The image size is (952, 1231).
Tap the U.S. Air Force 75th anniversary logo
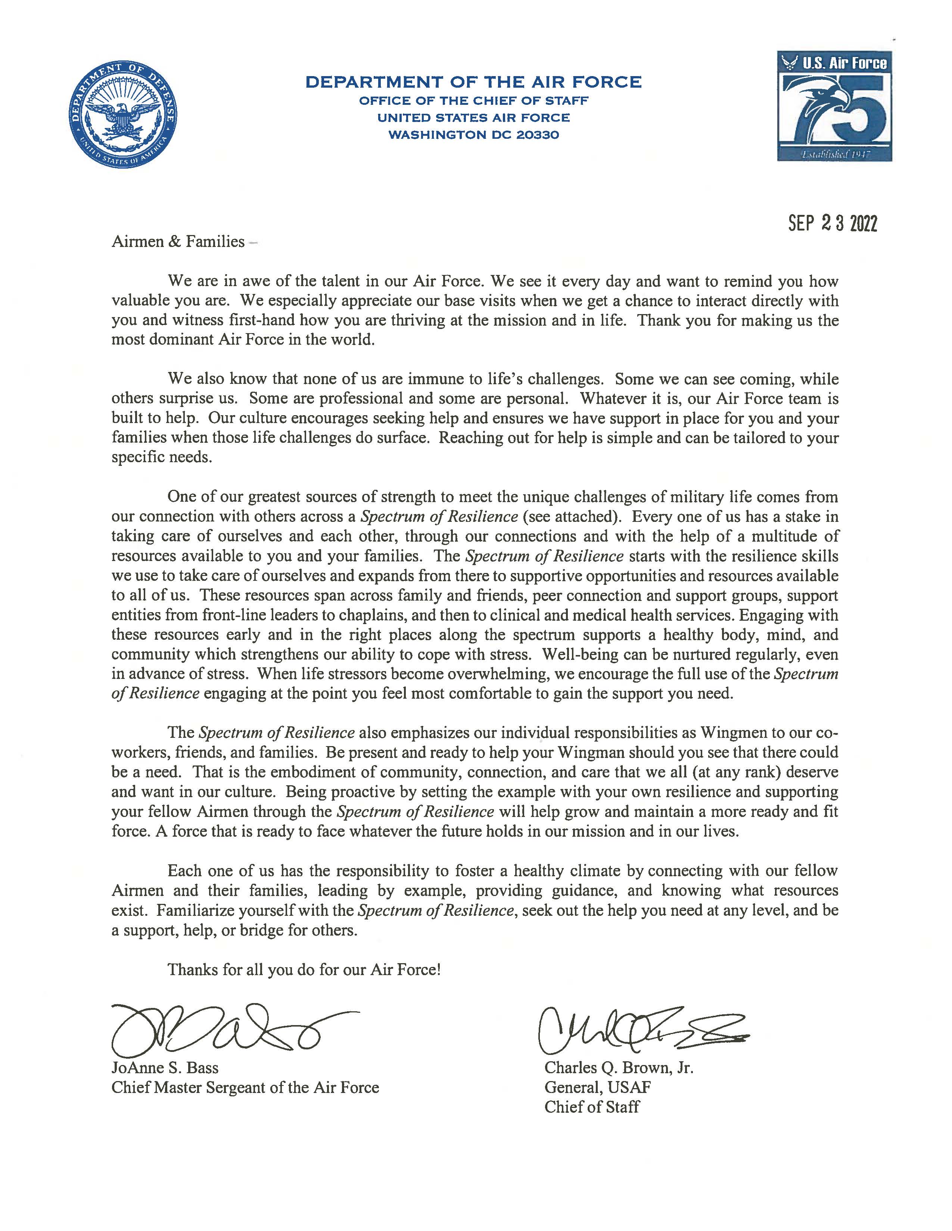(x=834, y=106)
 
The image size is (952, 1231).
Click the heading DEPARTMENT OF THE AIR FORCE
(x=473, y=82)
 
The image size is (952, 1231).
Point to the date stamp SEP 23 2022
(x=833, y=224)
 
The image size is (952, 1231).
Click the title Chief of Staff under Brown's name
(x=592, y=1107)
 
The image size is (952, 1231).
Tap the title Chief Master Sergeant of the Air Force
(x=245, y=1087)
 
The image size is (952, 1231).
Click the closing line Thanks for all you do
(x=304, y=970)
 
